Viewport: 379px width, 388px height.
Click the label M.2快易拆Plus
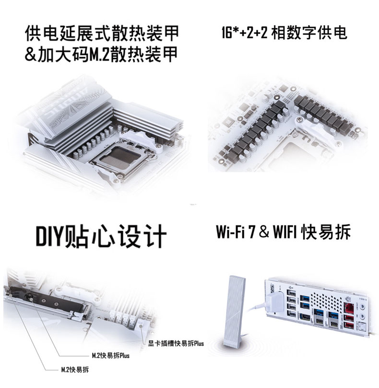[x=111, y=355]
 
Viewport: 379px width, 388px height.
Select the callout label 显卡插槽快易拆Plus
[x=176, y=343]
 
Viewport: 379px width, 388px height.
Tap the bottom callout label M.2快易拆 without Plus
[x=75, y=370]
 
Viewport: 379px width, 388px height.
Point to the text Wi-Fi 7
[x=236, y=232]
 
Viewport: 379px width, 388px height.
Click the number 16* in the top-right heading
[x=227, y=33]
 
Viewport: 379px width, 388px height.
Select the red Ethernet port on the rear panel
[x=348, y=308]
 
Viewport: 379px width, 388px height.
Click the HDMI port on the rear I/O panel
[x=305, y=317]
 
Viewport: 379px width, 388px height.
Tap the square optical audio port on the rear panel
[x=362, y=328]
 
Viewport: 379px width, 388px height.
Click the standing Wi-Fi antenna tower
[x=234, y=312]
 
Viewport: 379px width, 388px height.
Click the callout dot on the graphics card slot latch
[x=142, y=327]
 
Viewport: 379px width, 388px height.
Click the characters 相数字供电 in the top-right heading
[x=309, y=33]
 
